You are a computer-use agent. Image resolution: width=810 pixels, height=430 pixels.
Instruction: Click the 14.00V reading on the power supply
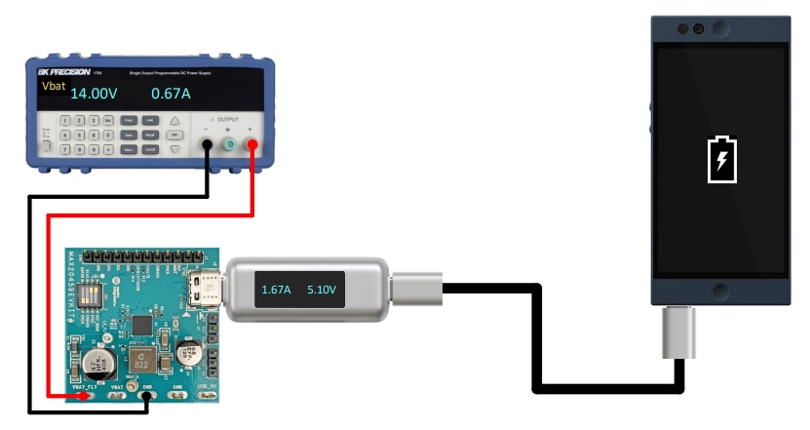[94, 95]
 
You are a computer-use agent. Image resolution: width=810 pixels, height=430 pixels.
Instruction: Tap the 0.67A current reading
[171, 95]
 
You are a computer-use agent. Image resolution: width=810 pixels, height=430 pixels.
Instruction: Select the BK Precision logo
[65, 72]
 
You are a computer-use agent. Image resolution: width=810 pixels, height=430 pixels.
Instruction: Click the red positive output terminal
[251, 145]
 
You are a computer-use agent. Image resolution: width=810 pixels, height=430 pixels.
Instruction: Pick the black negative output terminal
[208, 145]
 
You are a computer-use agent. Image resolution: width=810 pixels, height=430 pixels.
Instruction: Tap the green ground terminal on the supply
[230, 145]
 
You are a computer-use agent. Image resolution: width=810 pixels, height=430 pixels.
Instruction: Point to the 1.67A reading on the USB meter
[276, 290]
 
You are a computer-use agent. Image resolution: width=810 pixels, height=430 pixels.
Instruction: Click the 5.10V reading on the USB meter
[321, 290]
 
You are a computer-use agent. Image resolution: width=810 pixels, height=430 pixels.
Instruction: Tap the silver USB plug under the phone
[679, 331]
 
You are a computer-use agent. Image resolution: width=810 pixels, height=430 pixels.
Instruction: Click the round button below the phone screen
[720, 290]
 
